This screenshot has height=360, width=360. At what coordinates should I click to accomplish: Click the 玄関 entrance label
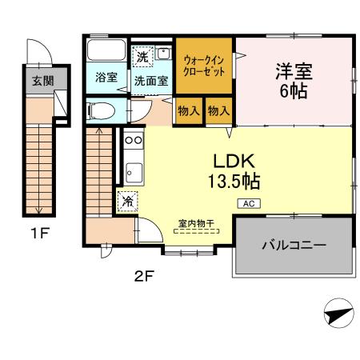(x=38, y=81)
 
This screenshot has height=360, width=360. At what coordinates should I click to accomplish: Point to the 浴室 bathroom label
(x=107, y=78)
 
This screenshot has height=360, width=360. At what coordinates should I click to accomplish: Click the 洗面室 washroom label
(x=150, y=80)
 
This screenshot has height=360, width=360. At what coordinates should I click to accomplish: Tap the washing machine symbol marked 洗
(x=142, y=58)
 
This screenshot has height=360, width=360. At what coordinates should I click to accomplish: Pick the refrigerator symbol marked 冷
(x=126, y=202)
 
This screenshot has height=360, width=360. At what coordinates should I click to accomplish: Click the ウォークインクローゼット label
(x=205, y=65)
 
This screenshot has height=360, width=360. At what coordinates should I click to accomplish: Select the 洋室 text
(x=295, y=70)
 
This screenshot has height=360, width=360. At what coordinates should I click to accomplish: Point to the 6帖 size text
(x=295, y=90)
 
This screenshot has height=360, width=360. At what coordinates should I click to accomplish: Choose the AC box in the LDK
(x=246, y=202)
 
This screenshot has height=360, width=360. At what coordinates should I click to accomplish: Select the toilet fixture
(x=99, y=110)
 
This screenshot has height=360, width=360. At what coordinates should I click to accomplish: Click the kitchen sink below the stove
(x=133, y=170)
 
